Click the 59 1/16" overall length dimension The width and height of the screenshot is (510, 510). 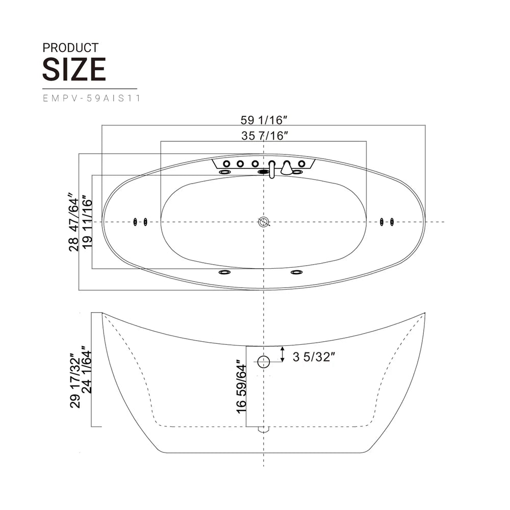[x=264, y=120]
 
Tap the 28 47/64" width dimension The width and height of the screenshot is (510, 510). [x=74, y=222]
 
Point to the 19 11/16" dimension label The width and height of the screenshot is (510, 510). [x=87, y=222]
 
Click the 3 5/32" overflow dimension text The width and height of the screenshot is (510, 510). [x=314, y=357]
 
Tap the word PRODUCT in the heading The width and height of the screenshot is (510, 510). [x=70, y=48]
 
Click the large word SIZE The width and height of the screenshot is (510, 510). [x=74, y=69]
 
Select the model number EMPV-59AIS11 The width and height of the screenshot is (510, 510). [x=92, y=99]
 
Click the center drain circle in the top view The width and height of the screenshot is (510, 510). [x=264, y=222]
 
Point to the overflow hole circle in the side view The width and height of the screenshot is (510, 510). [x=263, y=362]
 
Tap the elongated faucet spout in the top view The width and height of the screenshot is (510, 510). [x=272, y=169]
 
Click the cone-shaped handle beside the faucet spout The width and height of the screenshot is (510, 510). [x=287, y=168]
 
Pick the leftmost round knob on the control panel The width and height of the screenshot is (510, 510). [x=225, y=164]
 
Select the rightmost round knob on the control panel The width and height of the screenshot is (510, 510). [x=302, y=164]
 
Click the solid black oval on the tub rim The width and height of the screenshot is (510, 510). [x=263, y=172]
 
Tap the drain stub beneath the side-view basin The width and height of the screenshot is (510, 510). [x=263, y=429]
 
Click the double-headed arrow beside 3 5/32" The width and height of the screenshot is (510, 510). [x=283, y=353]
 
